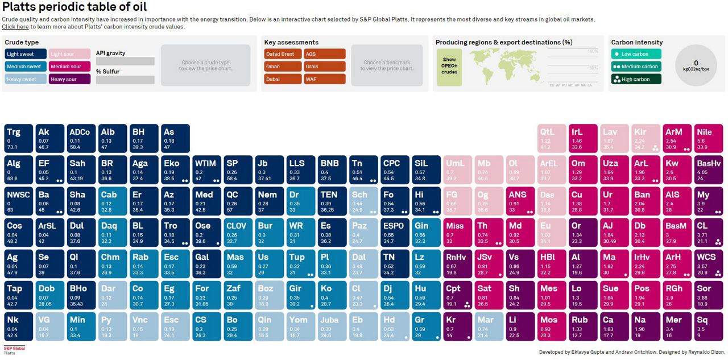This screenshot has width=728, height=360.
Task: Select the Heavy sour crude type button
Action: click(x=69, y=79)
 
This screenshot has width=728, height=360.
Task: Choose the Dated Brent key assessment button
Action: click(x=282, y=54)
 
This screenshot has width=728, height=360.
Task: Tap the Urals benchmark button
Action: click(x=324, y=67)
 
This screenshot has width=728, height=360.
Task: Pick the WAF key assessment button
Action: click(x=324, y=79)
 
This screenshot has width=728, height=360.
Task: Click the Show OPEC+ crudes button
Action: click(x=449, y=67)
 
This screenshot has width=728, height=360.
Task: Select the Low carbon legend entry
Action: click(x=636, y=54)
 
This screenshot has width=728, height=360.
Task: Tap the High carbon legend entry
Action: click(x=636, y=79)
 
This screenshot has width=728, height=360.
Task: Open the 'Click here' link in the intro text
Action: click(x=15, y=27)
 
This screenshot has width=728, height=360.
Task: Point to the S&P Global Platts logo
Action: click(x=15, y=350)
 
